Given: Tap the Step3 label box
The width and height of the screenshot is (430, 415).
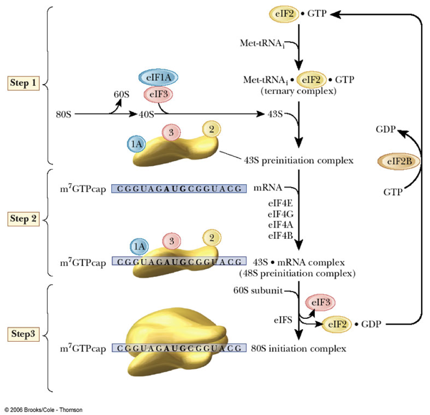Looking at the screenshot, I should click(x=25, y=334).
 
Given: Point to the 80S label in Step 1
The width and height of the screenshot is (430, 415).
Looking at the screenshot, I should click(x=61, y=114).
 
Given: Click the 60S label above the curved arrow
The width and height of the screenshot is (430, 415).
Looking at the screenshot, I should click(x=121, y=94).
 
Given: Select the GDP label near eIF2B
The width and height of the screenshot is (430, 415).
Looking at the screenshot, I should click(x=385, y=130).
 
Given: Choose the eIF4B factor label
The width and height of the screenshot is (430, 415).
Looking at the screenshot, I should click(x=280, y=235).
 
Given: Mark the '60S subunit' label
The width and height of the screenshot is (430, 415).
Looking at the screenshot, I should click(x=257, y=291).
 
